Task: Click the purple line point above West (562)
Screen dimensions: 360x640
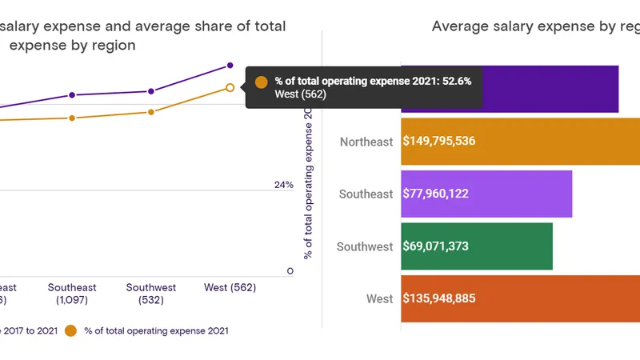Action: (x=230, y=65)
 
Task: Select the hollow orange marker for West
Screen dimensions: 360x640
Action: (x=230, y=87)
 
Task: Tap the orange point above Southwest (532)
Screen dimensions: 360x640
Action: (x=151, y=112)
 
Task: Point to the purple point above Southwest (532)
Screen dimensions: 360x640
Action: (x=151, y=91)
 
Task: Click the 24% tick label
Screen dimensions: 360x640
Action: (x=284, y=185)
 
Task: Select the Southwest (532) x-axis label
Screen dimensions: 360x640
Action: (x=151, y=294)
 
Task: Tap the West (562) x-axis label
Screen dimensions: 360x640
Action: (x=231, y=287)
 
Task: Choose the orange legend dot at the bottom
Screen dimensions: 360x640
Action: (x=70, y=330)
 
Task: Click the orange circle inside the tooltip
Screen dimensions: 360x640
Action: (x=261, y=82)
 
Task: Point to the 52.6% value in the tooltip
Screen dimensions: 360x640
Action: (x=457, y=81)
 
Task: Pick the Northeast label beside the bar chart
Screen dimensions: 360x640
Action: (x=366, y=142)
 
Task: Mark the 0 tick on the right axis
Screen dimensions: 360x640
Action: (x=290, y=271)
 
